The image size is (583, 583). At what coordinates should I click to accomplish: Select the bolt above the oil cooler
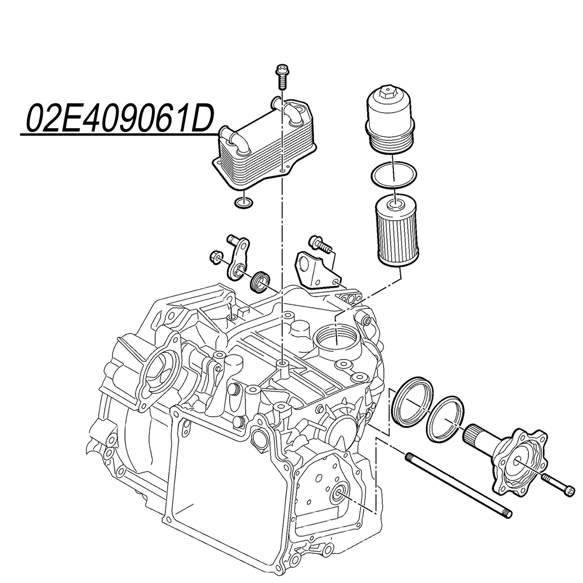282,77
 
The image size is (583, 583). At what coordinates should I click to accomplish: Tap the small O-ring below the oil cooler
244,203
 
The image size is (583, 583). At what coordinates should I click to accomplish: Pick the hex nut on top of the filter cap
390,91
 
